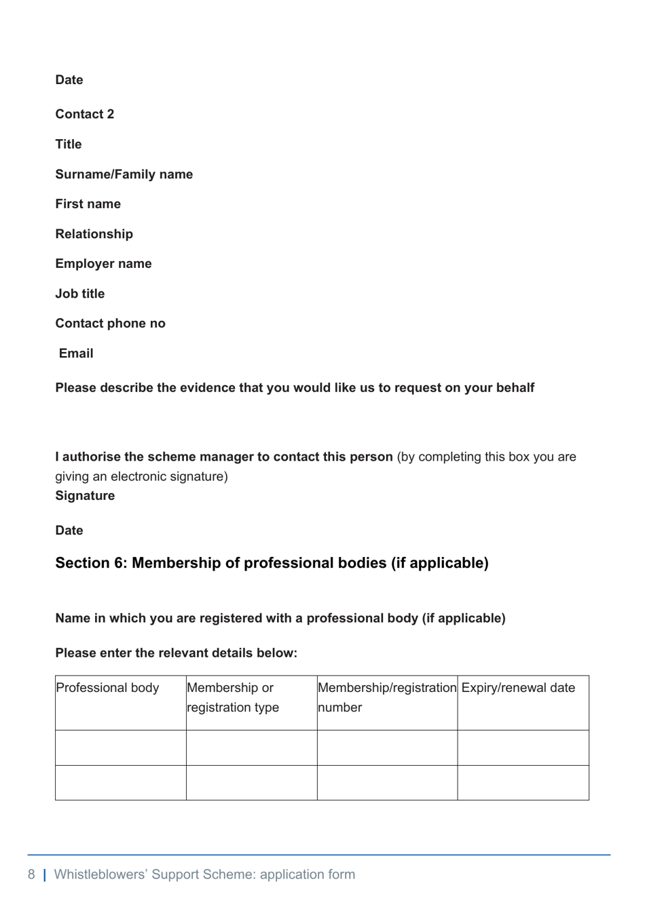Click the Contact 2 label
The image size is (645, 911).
(85, 114)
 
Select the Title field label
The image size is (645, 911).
(69, 144)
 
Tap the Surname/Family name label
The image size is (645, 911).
(124, 174)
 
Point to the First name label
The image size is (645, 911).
(88, 204)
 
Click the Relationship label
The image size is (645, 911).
(94, 234)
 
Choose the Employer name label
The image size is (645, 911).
(104, 264)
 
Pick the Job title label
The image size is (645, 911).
(80, 294)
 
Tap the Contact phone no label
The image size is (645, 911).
(111, 324)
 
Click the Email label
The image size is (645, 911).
(76, 353)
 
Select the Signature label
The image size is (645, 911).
(85, 496)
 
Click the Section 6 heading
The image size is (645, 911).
(272, 563)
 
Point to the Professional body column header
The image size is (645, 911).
(107, 688)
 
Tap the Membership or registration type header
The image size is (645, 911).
(233, 697)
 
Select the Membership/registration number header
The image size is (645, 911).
(387, 697)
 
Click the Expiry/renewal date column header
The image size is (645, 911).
(518, 688)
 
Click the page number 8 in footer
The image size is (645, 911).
(31, 874)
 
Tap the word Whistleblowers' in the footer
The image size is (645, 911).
(100, 874)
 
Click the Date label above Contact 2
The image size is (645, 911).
(69, 80)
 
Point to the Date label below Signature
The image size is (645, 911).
(69, 530)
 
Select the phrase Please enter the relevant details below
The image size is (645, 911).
(177, 653)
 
